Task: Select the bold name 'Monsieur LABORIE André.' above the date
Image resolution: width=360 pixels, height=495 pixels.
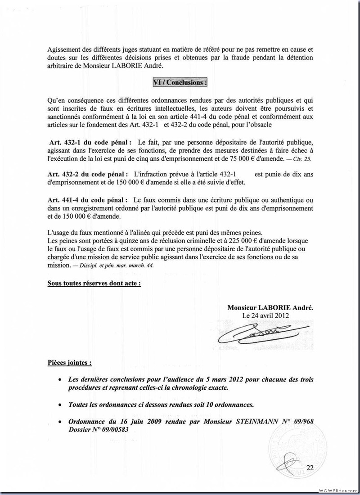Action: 270,307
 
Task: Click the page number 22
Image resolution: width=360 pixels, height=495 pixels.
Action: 309,467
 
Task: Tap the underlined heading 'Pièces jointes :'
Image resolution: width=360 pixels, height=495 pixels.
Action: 69,362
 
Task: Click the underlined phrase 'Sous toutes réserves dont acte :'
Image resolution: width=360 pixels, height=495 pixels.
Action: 94,283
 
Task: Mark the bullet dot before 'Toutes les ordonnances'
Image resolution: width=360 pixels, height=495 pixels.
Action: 60,405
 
